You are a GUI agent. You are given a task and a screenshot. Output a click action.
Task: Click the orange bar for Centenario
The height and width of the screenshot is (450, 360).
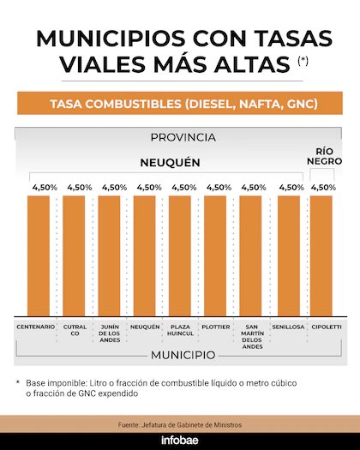[39, 255]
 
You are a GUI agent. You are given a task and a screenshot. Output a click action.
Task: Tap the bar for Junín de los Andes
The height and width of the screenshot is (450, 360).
[110, 255]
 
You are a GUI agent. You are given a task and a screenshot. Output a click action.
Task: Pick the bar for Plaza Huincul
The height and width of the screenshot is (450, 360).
[183, 255]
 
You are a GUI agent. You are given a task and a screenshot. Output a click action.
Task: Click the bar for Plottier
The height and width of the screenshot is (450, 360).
[218, 255]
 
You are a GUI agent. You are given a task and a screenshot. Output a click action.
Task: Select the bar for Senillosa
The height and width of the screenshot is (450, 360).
[289, 255]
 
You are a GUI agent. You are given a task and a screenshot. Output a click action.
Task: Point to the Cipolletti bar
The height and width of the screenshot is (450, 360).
[324, 255]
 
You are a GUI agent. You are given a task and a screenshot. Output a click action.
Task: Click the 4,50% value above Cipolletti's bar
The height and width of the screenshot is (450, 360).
[323, 187]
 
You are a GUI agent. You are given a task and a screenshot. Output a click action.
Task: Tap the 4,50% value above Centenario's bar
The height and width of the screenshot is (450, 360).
[39, 187]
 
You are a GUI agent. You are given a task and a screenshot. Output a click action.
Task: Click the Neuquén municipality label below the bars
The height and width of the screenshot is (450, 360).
[146, 327]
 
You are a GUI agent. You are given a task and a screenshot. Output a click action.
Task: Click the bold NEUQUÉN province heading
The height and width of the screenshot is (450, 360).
[170, 161]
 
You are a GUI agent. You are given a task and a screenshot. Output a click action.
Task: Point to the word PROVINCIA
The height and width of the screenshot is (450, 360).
[182, 137]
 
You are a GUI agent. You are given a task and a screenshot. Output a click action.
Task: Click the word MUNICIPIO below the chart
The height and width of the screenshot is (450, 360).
[182, 354]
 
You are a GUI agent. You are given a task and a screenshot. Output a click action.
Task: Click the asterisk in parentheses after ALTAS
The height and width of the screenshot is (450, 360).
[303, 60]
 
